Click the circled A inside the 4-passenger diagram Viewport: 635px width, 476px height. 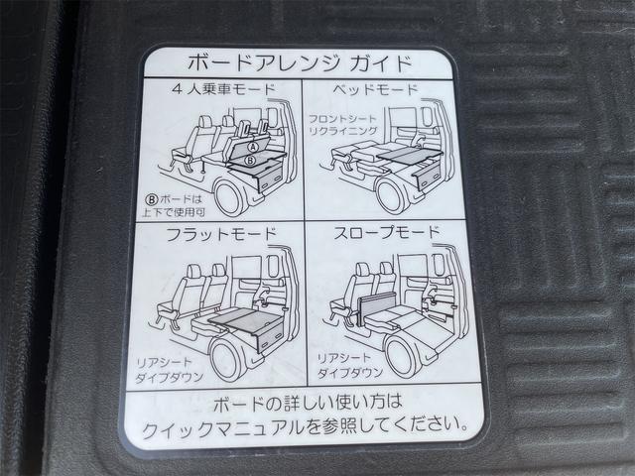(x=251, y=144)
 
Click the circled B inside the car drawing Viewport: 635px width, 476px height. (x=250, y=159)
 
